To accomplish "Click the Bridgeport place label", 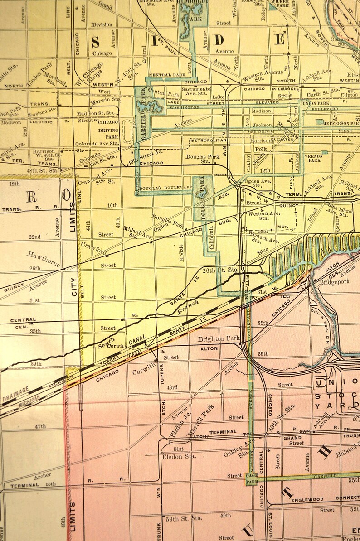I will point(333,281).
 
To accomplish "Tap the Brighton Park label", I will point(218,338).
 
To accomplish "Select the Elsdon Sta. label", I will point(179,456).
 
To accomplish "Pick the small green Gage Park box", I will point(251,478).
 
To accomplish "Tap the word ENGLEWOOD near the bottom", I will point(307,499).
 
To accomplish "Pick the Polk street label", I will point(261,149).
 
